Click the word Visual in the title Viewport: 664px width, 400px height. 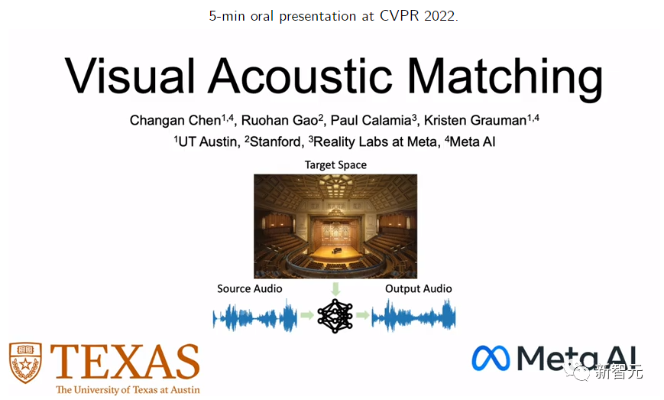(x=130, y=76)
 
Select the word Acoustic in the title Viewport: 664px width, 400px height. (x=300, y=76)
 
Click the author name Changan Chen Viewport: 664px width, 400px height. (x=175, y=121)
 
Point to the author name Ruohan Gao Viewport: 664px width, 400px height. (x=280, y=120)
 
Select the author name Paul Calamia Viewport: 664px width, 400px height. (x=371, y=120)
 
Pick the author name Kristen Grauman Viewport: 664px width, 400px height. (x=475, y=120)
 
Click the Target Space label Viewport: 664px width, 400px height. (x=335, y=165)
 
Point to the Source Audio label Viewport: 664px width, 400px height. (x=249, y=288)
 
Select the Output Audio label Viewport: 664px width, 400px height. (x=419, y=288)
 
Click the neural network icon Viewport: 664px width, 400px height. (x=335, y=316)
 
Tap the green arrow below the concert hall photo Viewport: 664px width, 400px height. (x=335, y=289)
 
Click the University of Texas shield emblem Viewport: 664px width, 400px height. (x=25, y=363)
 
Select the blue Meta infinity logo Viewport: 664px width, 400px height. (x=491, y=359)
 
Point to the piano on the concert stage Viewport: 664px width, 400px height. (x=337, y=250)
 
